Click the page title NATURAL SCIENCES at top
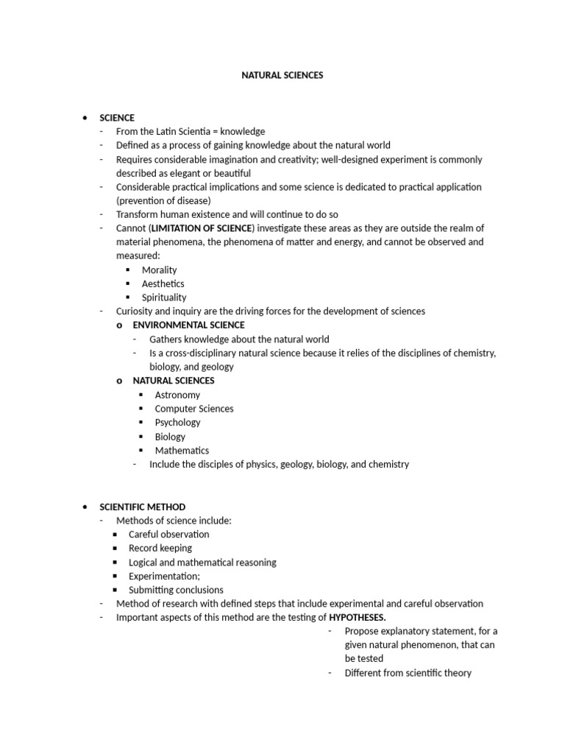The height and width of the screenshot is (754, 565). [x=282, y=75]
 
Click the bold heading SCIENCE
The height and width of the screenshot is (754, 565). [x=118, y=118]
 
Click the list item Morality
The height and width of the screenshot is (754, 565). [x=159, y=270]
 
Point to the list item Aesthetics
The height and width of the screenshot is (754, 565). [x=163, y=283]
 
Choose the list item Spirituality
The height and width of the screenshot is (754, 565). [x=164, y=297]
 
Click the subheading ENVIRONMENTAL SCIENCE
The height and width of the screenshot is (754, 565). [x=188, y=325]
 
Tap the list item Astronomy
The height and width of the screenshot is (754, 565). [x=177, y=395]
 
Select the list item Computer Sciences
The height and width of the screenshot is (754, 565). [x=193, y=409]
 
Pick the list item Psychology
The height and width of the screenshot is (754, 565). [x=177, y=423]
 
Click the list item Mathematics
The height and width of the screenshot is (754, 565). [x=182, y=451]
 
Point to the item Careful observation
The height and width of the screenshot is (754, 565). [x=168, y=535]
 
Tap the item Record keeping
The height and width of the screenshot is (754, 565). [x=160, y=549]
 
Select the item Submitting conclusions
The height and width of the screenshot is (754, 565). [x=176, y=590]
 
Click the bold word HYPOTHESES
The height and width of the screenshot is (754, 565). [x=357, y=617]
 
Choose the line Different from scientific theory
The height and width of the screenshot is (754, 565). [x=408, y=673]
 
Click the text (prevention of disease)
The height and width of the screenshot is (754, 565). [x=163, y=200]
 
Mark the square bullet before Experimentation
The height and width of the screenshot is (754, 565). [x=115, y=577]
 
